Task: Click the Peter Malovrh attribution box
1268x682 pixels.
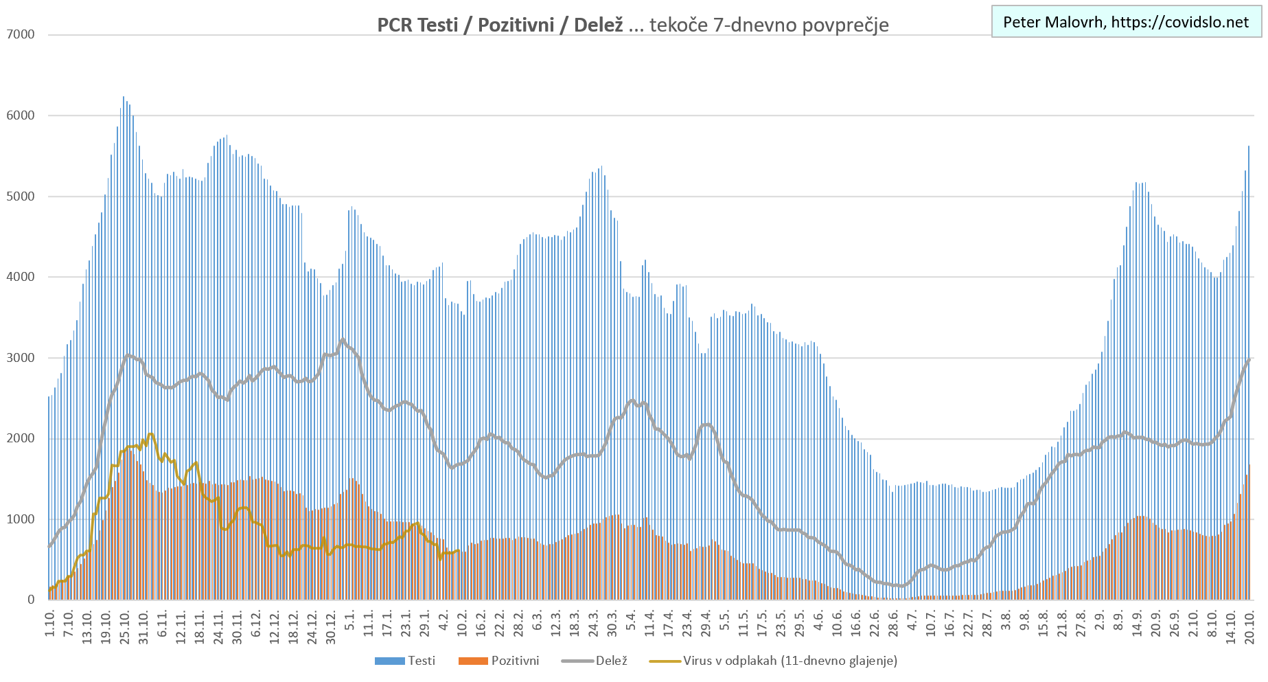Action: pyautogui.click(x=1126, y=22)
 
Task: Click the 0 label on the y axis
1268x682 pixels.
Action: pyautogui.click(x=31, y=600)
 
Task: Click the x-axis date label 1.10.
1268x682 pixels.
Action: pyautogui.click(x=50, y=622)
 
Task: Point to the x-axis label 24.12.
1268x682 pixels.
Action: pyautogui.click(x=312, y=624)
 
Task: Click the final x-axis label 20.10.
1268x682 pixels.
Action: pyautogui.click(x=1249, y=624)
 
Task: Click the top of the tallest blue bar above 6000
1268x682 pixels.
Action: pyautogui.click(x=124, y=98)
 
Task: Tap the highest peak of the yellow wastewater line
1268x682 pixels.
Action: pyautogui.click(x=150, y=434)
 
